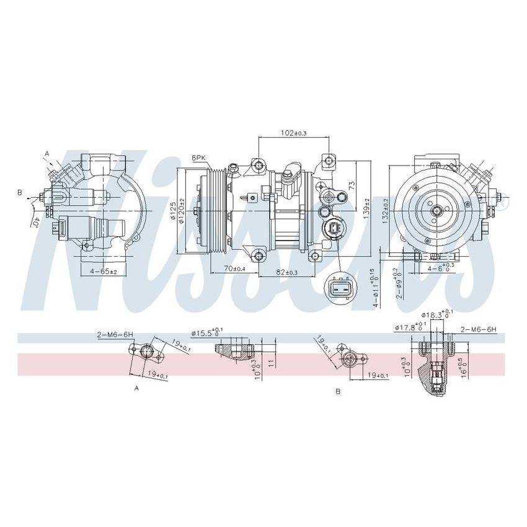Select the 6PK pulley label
click(x=198, y=158)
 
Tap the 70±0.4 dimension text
click(x=234, y=268)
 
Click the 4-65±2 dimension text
click(x=103, y=272)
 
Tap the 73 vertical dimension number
click(x=352, y=185)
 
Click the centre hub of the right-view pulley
click(x=438, y=210)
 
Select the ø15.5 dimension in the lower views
click(x=205, y=333)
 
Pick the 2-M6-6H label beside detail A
click(x=115, y=334)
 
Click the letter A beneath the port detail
click(x=136, y=388)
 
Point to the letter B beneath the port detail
click(x=337, y=391)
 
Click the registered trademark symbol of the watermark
click(x=503, y=202)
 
